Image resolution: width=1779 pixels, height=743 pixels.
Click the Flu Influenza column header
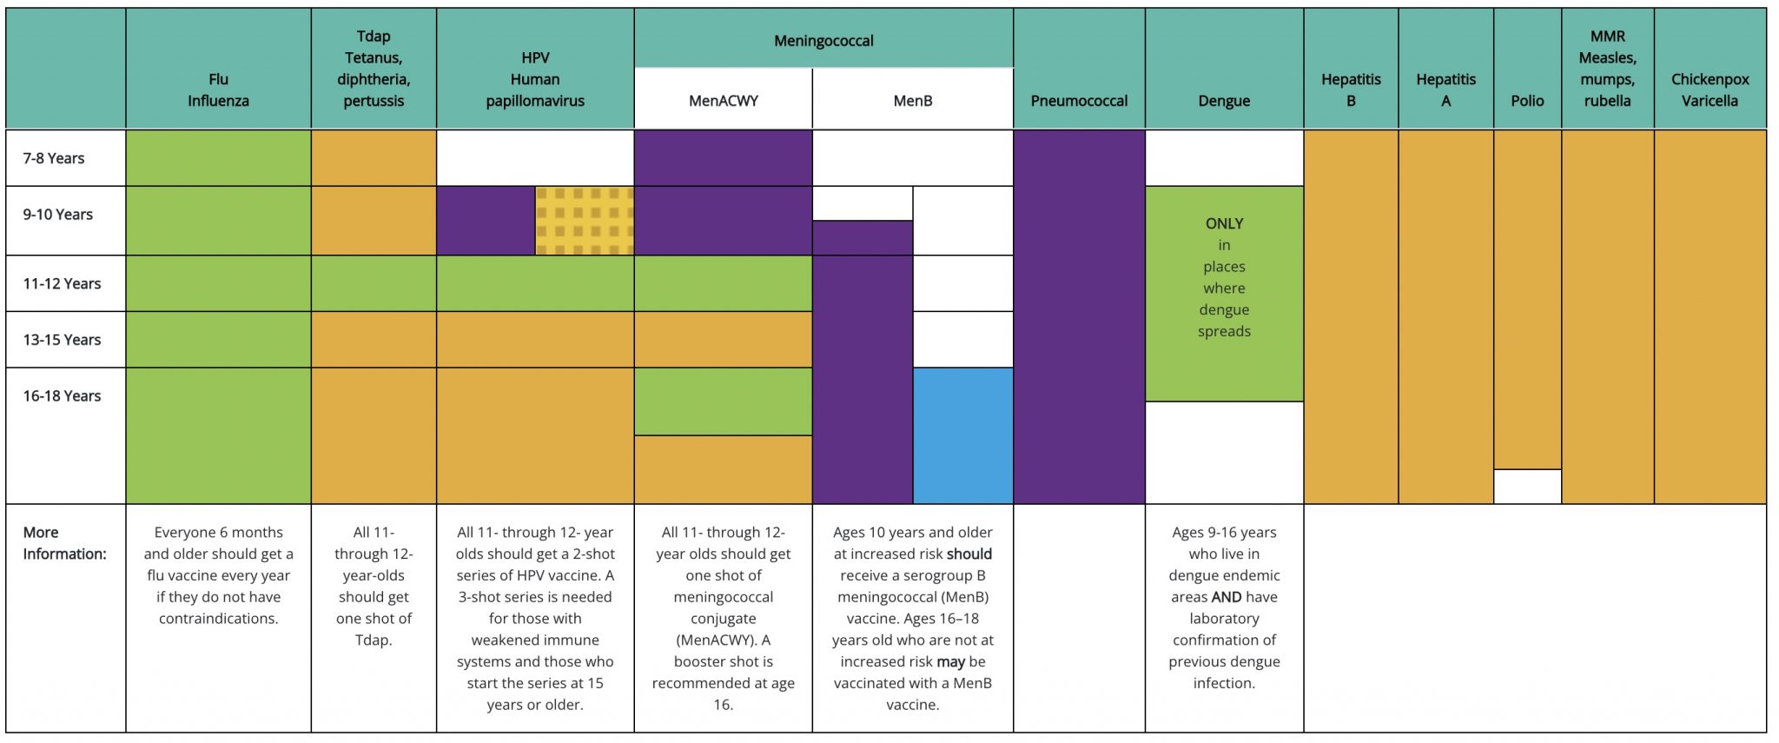(x=218, y=90)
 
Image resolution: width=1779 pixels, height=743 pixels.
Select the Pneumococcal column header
(x=1079, y=101)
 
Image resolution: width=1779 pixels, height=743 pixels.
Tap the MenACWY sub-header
(x=724, y=101)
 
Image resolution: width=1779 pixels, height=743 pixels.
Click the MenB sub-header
(x=913, y=101)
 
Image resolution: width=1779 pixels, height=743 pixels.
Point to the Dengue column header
(x=1224, y=101)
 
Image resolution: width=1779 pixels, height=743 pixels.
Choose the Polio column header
(x=1527, y=101)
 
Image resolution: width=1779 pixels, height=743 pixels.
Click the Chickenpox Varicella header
(x=1710, y=90)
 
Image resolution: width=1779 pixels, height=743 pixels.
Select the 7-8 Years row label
(x=54, y=158)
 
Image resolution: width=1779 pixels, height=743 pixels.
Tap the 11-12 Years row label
(x=62, y=283)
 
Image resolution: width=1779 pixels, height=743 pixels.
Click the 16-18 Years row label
(x=62, y=395)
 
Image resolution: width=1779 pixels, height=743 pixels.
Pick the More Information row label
(x=64, y=543)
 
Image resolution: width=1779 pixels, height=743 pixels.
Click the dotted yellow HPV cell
(x=585, y=221)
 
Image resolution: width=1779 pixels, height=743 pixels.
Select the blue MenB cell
(x=963, y=435)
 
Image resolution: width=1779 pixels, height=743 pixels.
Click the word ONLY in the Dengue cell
(x=1224, y=223)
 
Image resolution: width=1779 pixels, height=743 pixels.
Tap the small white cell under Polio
(x=1527, y=487)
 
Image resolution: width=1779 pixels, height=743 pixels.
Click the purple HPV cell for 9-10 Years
(x=486, y=221)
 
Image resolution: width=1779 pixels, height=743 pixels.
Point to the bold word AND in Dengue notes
(x=1227, y=597)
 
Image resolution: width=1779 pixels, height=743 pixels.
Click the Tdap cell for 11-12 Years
(x=374, y=283)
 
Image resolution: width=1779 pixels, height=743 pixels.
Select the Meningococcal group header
(x=823, y=41)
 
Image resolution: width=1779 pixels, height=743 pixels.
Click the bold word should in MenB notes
(x=969, y=554)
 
